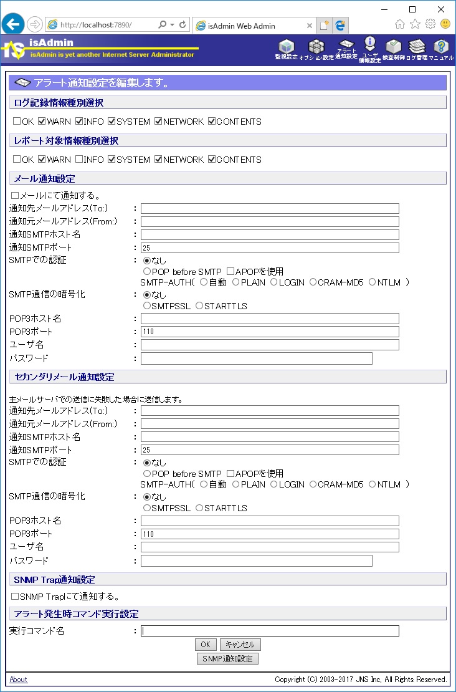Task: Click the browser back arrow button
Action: pos(13,24)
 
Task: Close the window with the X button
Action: pos(441,9)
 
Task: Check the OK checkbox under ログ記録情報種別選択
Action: pos(17,122)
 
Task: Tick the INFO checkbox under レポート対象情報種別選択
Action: pos(79,160)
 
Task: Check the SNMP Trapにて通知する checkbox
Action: pos(15,597)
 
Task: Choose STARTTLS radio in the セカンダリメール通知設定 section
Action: pos(199,508)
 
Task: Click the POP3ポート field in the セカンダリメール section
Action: pos(270,534)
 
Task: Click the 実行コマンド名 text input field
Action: pos(270,631)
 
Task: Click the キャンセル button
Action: pos(240,645)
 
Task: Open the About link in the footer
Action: pos(18,680)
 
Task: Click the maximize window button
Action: pos(412,9)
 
